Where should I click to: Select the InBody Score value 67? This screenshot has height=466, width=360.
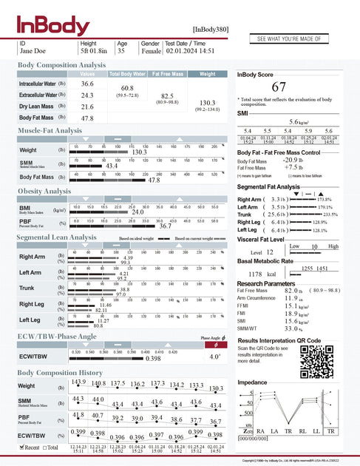(279, 87)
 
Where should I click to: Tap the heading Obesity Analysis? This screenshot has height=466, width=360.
(44, 192)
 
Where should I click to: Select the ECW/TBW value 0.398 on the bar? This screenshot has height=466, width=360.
(153, 357)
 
